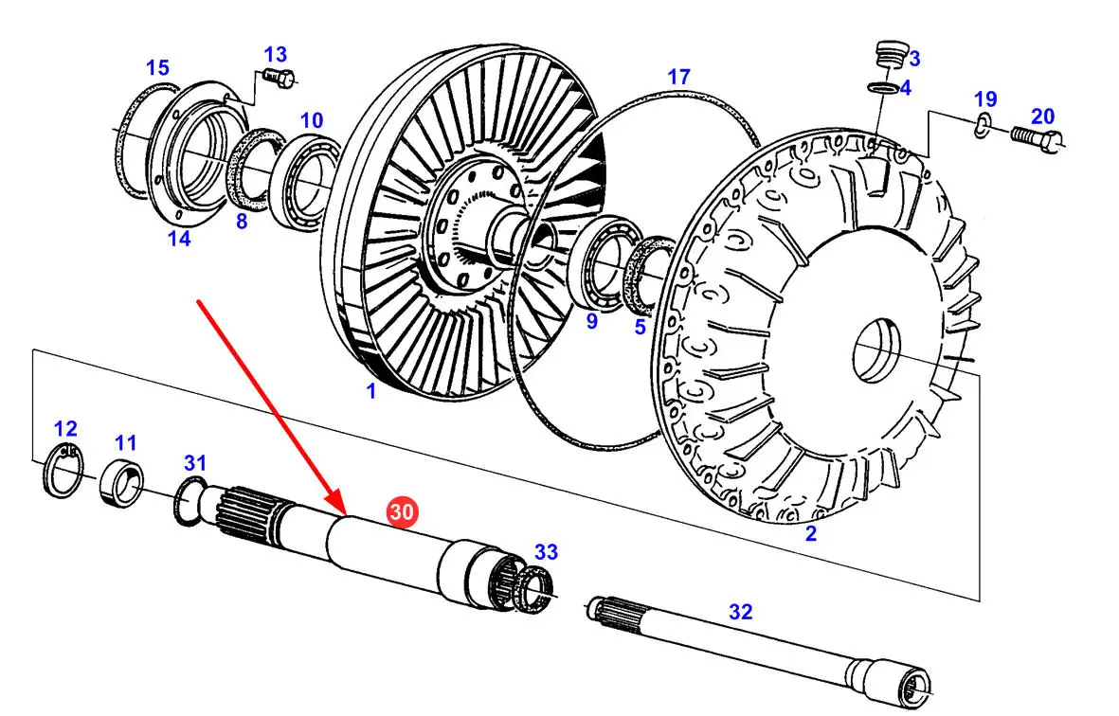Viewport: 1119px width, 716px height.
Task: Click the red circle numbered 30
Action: click(x=402, y=512)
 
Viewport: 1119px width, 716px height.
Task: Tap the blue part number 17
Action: click(x=678, y=77)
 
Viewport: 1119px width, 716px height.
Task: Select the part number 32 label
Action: click(x=740, y=612)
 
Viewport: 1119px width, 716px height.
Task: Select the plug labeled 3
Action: click(x=888, y=55)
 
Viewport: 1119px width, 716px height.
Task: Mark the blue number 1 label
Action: click(x=370, y=391)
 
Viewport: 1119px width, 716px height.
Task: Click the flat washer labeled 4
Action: click(x=883, y=88)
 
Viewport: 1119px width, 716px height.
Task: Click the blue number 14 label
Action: click(x=179, y=239)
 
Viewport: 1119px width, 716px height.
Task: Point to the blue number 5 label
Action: click(x=640, y=327)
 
